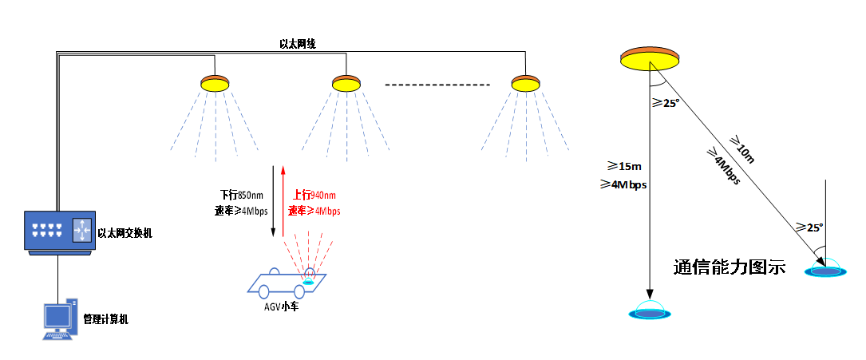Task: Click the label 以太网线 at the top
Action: pos(298,44)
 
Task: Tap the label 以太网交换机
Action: pos(125,234)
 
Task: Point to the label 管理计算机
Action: pos(106,319)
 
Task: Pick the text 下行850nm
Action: pos(242,195)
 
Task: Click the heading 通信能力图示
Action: pos(730,267)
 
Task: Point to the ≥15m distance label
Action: pos(624,166)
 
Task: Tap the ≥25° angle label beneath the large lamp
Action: pos(665,102)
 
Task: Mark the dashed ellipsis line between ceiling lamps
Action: pos(437,85)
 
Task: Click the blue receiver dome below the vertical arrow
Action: pos(650,312)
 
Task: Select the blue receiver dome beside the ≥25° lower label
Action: pos(825,270)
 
